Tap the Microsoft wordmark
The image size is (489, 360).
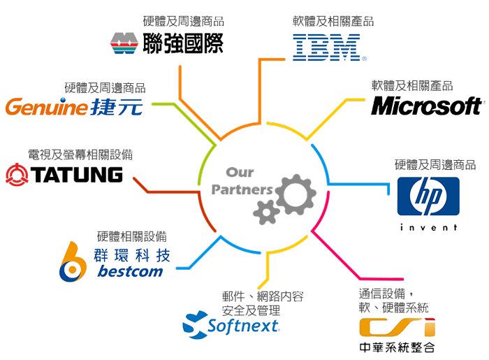428,106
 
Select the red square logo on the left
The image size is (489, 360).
15,175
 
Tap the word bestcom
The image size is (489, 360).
132,271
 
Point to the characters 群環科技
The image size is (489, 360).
133,252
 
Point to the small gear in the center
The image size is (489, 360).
265,211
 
